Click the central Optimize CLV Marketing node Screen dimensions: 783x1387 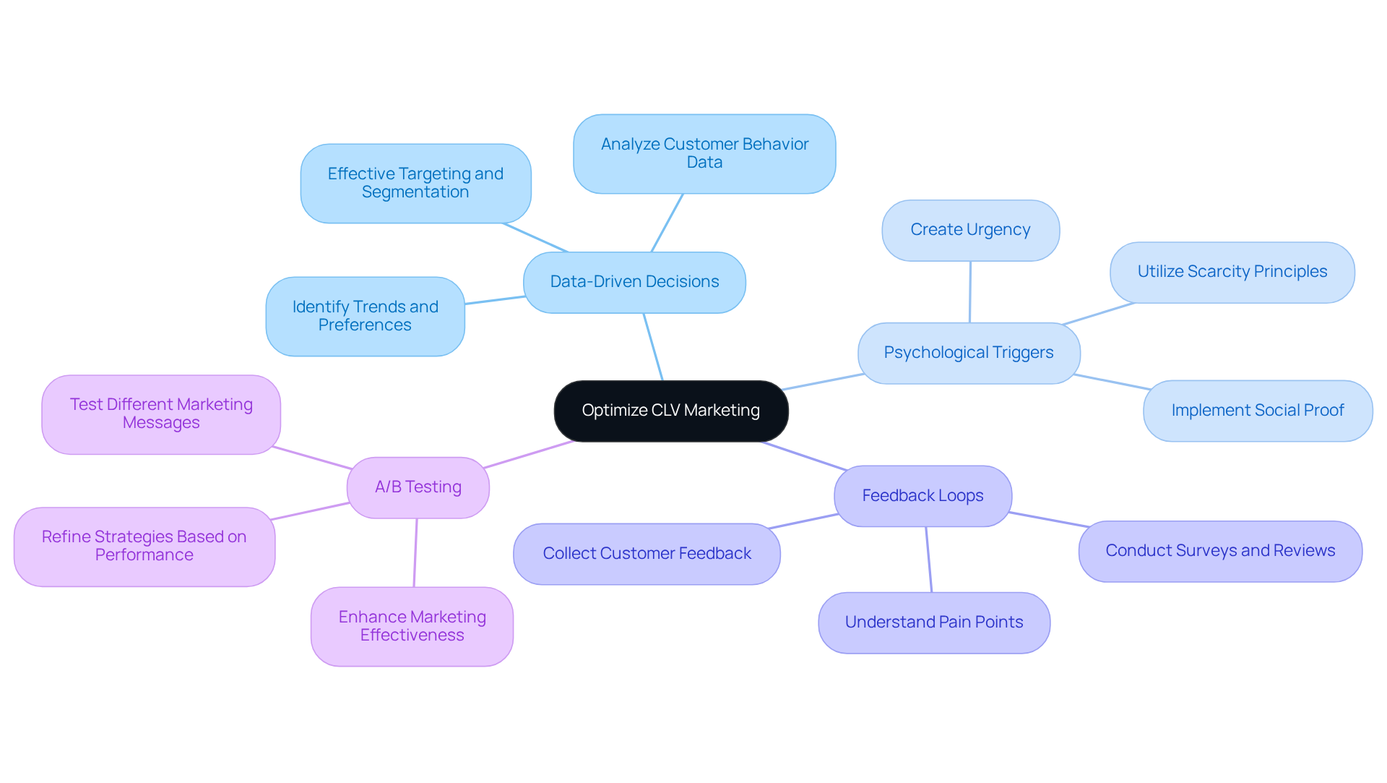pyautogui.click(x=670, y=411)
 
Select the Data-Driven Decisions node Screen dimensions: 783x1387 pyautogui.click(x=634, y=282)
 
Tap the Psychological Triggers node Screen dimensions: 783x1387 pyautogui.click(x=968, y=353)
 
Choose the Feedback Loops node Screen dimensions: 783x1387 pyautogui.click(x=922, y=496)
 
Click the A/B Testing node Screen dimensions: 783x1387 pyautogui.click(x=418, y=487)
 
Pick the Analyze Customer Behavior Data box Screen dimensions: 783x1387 pyautogui.click(x=704, y=153)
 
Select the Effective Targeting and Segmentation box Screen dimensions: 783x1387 pyautogui.click(x=415, y=183)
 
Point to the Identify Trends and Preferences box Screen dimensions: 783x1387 pyautogui.click(x=365, y=316)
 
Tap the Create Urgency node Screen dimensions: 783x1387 pyautogui.click(x=970, y=230)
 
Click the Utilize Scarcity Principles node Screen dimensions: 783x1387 pyautogui.click(x=1232, y=272)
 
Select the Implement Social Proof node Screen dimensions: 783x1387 pyautogui.click(x=1257, y=411)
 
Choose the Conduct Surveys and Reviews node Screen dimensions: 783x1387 pyautogui.click(x=1219, y=551)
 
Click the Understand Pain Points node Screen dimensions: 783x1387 pyautogui.click(x=933, y=622)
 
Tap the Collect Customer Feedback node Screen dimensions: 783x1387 pyautogui.click(x=647, y=554)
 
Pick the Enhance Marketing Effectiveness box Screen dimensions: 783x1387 pyautogui.click(x=412, y=626)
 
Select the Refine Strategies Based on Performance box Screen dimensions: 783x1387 pyautogui.click(x=144, y=546)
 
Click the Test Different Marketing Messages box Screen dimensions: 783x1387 pyautogui.click(x=160, y=414)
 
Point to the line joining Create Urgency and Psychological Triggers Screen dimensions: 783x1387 pyautogui.click(x=970, y=292)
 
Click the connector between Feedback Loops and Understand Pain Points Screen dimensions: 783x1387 pyautogui.click(x=929, y=560)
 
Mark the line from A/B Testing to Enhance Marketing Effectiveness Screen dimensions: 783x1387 pyautogui.click(x=415, y=553)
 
